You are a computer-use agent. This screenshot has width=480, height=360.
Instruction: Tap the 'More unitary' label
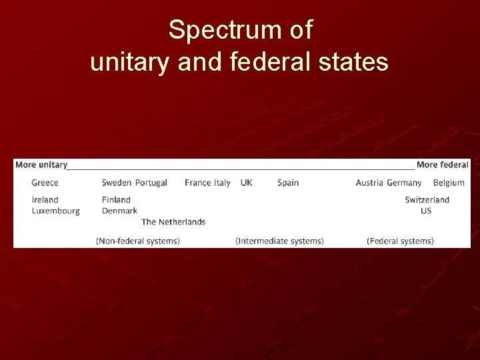click(x=41, y=165)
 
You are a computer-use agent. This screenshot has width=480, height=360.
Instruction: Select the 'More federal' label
click(x=443, y=165)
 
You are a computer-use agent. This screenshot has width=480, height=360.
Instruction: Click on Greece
click(x=45, y=183)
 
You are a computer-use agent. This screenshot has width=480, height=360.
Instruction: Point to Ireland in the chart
click(x=45, y=200)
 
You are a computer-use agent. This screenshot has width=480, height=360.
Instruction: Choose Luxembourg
click(x=56, y=211)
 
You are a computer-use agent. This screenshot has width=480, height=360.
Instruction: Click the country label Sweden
click(x=117, y=183)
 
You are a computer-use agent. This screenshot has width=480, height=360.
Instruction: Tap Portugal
click(x=151, y=183)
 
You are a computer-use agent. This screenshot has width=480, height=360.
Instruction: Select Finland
click(x=116, y=200)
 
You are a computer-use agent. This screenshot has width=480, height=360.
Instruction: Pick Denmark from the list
click(x=119, y=211)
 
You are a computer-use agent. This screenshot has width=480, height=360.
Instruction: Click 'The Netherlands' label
click(x=173, y=222)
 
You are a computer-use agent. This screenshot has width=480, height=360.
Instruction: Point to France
click(x=197, y=183)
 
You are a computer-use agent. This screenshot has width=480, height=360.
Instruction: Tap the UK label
click(x=247, y=183)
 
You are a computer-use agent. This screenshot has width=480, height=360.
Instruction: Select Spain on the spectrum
click(x=288, y=183)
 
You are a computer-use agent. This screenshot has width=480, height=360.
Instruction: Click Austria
click(x=369, y=183)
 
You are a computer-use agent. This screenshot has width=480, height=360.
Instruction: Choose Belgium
click(x=449, y=183)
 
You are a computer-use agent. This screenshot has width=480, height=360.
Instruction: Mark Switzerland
click(x=427, y=200)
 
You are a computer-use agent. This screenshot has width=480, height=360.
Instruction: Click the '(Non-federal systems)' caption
click(x=138, y=241)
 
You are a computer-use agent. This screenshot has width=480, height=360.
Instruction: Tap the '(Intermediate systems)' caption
click(x=280, y=241)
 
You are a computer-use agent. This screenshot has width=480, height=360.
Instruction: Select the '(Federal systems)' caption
click(x=400, y=241)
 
